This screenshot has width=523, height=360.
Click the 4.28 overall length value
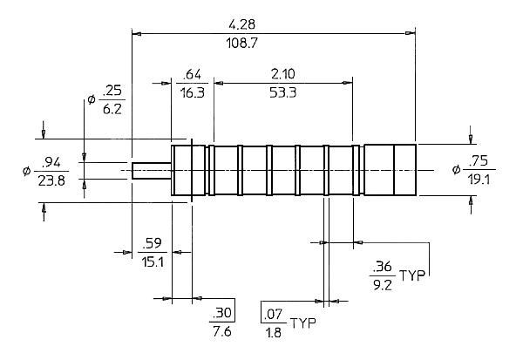pyautogui.click(x=241, y=24)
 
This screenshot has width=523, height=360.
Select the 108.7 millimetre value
pyautogui.click(x=241, y=43)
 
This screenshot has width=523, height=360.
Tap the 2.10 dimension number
pyautogui.click(x=282, y=74)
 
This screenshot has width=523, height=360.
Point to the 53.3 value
pyautogui.click(x=282, y=92)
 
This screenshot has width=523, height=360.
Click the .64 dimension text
pyautogui.click(x=193, y=74)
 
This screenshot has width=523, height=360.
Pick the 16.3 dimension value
pyautogui.click(x=193, y=92)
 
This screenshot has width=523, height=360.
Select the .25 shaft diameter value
pyautogui.click(x=112, y=91)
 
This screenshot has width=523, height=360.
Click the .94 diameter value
pyautogui.click(x=51, y=162)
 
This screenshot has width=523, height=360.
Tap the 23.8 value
pyautogui.click(x=51, y=180)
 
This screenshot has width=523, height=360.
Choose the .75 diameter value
pyautogui.click(x=479, y=161)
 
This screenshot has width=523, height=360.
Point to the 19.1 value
pyautogui.click(x=479, y=180)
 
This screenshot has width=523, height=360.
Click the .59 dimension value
pyautogui.click(x=152, y=243)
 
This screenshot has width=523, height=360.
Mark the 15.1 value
pyautogui.click(x=153, y=262)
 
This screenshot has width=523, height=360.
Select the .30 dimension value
pyautogui.click(x=221, y=313)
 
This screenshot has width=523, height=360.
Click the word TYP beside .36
pyautogui.click(x=412, y=275)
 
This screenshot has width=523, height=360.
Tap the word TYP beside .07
pyautogui.click(x=302, y=323)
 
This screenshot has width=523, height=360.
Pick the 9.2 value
pyautogui.click(x=383, y=285)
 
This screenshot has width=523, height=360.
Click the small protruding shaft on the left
pyautogui.click(x=152, y=171)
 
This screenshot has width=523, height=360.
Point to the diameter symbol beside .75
pyautogui.click(x=456, y=170)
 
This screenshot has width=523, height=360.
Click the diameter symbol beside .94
pyautogui.click(x=26, y=171)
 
